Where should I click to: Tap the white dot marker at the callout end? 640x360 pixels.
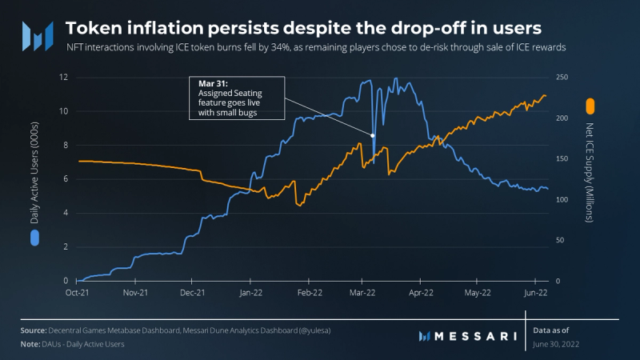374,134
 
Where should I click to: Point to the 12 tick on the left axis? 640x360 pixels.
63,77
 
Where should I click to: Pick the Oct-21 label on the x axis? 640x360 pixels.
78,294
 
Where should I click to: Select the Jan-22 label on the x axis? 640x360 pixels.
250,294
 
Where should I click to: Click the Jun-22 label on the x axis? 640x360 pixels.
534,294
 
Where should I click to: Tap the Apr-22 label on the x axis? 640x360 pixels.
421,294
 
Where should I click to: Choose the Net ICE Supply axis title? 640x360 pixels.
590,170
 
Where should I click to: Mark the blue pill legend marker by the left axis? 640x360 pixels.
35,237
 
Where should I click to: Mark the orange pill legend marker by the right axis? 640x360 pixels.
590,106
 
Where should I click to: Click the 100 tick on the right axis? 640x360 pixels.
565,199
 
